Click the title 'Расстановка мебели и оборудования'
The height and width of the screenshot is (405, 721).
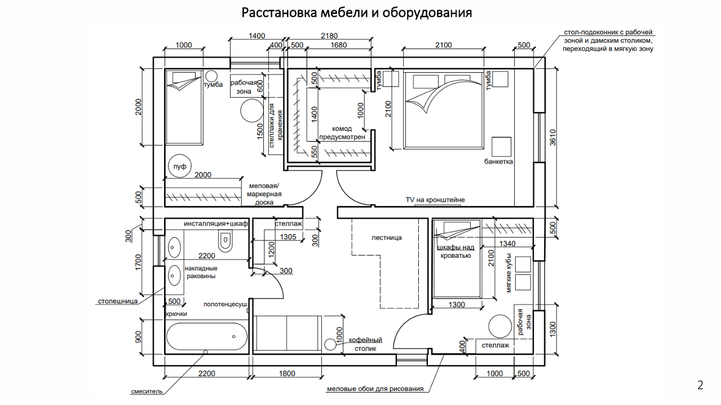tap(356, 13)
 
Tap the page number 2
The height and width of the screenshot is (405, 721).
tap(700, 386)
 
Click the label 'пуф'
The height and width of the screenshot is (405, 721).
tap(180, 166)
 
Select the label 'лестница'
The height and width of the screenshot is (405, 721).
tap(387, 238)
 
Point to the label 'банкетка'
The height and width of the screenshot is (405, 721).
tap(498, 162)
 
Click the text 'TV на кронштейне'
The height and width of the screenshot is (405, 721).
tap(435, 200)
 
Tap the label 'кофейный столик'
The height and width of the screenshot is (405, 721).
tap(365, 344)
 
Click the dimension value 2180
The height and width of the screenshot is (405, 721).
tap(329, 36)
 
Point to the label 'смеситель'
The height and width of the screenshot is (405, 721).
tap(147, 391)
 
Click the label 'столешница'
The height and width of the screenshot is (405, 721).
tap(118, 301)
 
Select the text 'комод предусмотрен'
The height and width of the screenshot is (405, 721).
tap(342, 133)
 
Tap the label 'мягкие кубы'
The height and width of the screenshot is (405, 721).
tap(508, 275)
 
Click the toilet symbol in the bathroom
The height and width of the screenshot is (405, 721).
tap(225, 241)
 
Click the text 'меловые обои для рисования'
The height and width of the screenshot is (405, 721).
tap(375, 389)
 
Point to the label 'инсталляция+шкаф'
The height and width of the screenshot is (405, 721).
tap(216, 224)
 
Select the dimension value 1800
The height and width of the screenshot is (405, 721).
tap(287, 373)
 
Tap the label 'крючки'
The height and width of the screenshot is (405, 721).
tap(176, 314)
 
